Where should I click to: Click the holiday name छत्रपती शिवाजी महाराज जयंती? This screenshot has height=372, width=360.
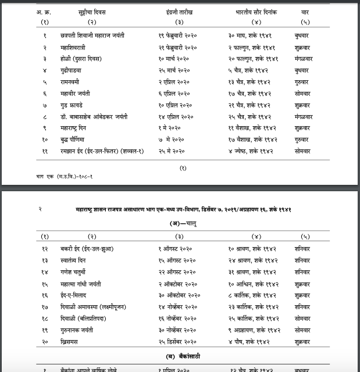[92, 35]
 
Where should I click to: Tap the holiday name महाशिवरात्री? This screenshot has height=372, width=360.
[77, 47]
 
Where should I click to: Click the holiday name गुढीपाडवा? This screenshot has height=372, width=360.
[74, 70]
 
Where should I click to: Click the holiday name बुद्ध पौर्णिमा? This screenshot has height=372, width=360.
[77, 140]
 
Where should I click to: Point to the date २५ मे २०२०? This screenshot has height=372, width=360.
[172, 151]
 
